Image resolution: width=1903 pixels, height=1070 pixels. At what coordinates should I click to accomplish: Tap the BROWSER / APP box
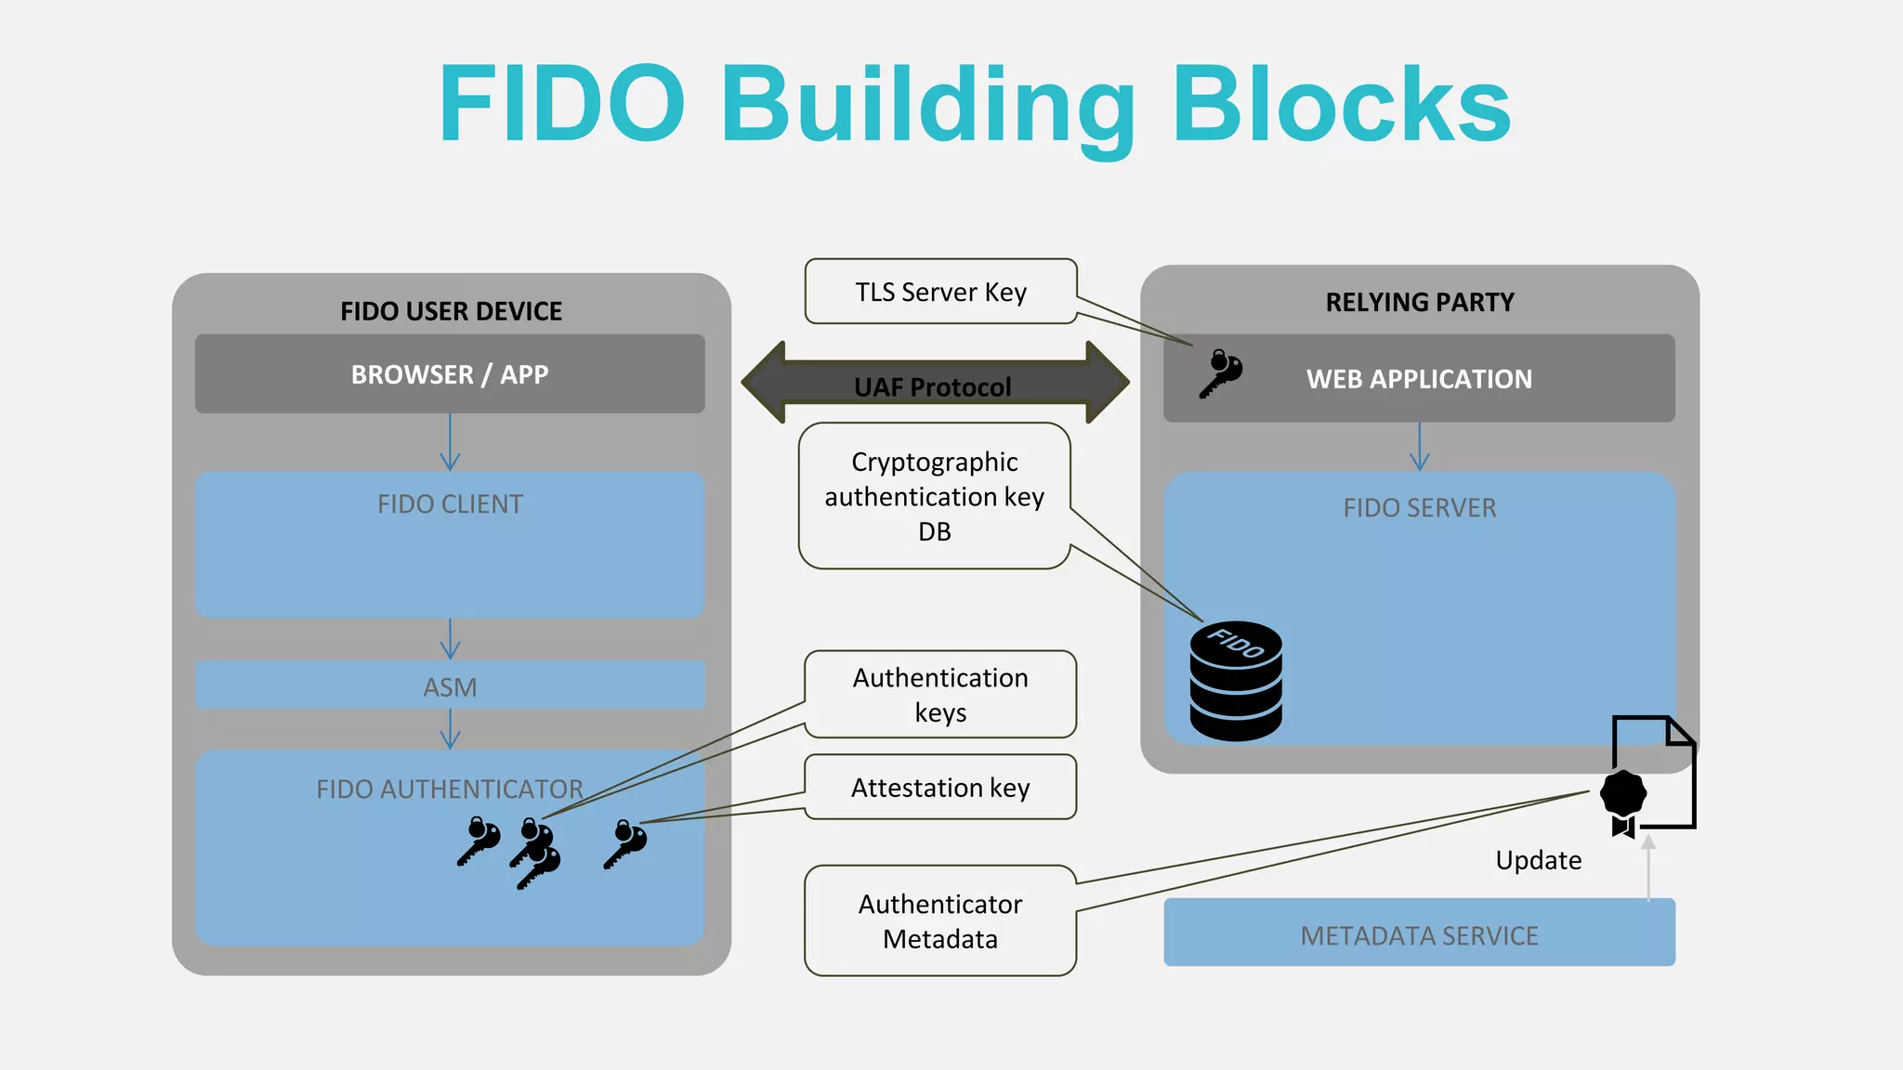(x=450, y=374)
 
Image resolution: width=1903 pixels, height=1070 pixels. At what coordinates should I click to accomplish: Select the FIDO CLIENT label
(x=450, y=504)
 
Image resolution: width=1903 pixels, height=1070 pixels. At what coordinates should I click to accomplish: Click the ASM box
(x=450, y=686)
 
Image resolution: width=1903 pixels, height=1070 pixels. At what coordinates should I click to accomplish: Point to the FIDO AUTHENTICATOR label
(x=450, y=789)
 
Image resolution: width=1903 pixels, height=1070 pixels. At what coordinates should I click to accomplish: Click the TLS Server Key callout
(x=940, y=292)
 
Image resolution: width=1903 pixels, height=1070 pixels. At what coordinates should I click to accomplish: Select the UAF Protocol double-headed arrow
(x=934, y=383)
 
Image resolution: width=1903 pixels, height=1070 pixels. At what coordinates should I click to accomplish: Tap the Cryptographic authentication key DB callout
(x=934, y=496)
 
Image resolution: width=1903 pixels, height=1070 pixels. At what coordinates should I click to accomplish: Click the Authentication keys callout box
(x=940, y=694)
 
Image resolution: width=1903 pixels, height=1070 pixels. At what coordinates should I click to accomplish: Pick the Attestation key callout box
(x=940, y=787)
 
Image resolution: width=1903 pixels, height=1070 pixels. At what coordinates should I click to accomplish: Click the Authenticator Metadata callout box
(x=940, y=920)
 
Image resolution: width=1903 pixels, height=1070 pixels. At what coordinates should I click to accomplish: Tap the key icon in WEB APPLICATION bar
(x=1220, y=373)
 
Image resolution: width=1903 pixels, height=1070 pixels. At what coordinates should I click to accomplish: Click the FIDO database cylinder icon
(x=1236, y=681)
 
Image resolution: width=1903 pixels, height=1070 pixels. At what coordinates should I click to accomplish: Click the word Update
(x=1538, y=860)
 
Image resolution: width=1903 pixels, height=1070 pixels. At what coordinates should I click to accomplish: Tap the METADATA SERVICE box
(x=1419, y=934)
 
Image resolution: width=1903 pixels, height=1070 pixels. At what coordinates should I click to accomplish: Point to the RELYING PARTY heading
(x=1419, y=302)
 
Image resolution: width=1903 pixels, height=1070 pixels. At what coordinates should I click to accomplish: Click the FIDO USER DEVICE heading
(x=451, y=311)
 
